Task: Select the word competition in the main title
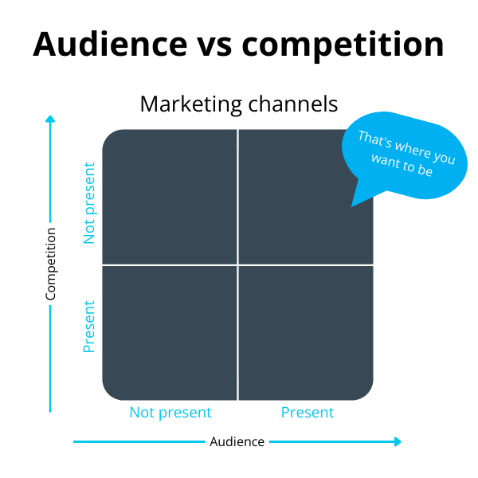tap(343, 44)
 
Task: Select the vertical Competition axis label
tap(51, 264)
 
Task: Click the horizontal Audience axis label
tap(237, 441)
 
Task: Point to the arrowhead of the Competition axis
tap(50, 119)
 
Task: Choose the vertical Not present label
tap(89, 203)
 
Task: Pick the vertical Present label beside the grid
tap(89, 326)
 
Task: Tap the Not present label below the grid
tap(170, 413)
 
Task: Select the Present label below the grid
tap(308, 413)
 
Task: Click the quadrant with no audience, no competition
tap(170, 196)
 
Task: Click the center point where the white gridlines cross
tap(237, 264)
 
